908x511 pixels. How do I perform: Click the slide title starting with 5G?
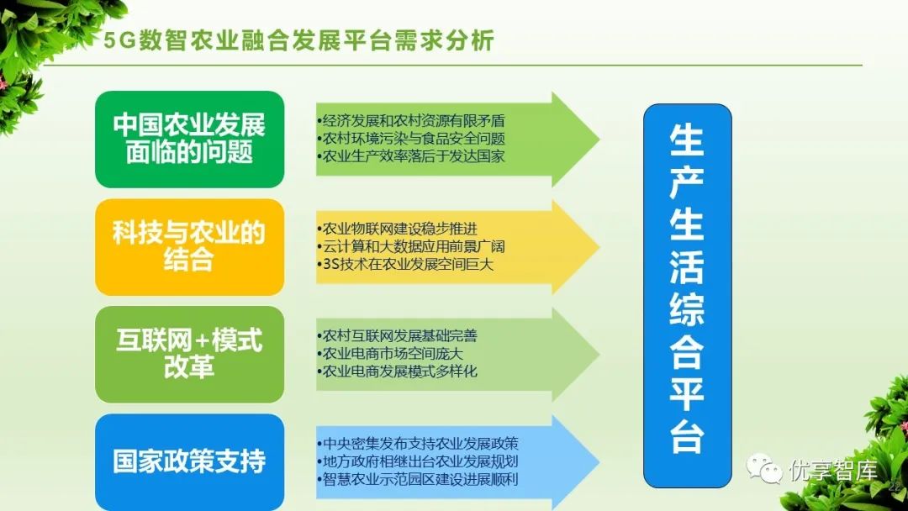(298, 40)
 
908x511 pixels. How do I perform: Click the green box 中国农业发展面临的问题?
(189, 139)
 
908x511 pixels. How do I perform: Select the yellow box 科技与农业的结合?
(189, 246)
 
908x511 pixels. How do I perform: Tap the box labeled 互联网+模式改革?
(189, 354)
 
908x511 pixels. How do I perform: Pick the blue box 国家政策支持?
(189, 461)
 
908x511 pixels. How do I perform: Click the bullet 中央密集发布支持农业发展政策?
(419, 444)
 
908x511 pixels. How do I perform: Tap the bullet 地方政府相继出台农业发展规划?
(419, 461)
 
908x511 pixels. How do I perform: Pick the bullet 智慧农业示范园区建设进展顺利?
(419, 480)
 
